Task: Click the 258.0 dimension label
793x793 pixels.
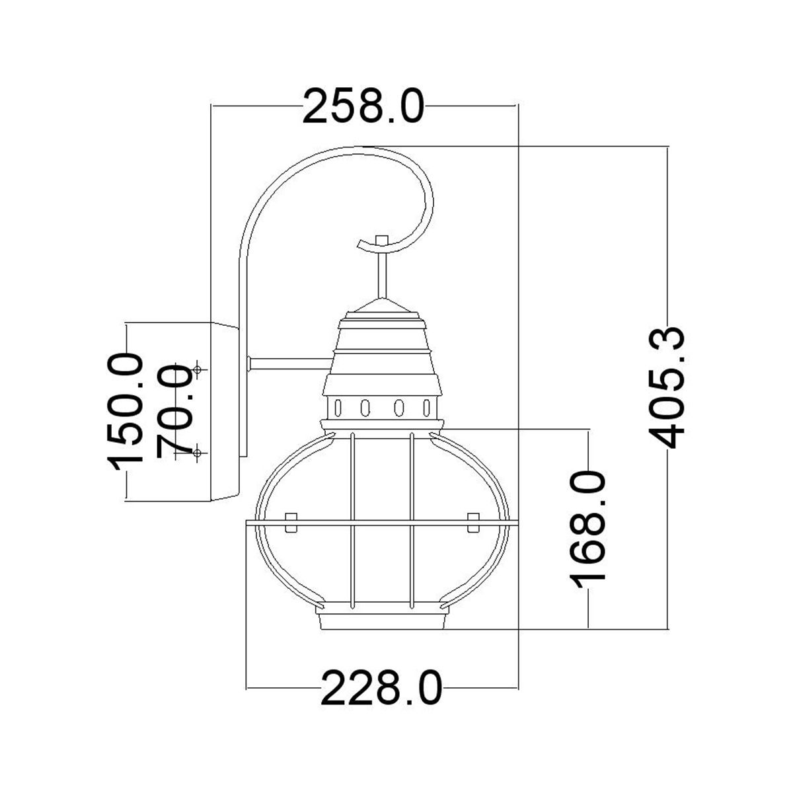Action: tap(362, 106)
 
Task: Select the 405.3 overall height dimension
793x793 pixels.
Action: tap(667, 387)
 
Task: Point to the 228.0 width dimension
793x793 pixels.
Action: tap(381, 688)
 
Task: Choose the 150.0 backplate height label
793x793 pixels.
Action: tap(128, 411)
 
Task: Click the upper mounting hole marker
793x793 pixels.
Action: tap(198, 369)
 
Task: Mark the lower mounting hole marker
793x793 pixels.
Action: tap(198, 453)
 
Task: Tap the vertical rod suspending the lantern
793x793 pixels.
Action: tap(381, 278)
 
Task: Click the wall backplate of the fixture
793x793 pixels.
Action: tap(225, 411)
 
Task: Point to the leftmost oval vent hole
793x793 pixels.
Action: tap(338, 407)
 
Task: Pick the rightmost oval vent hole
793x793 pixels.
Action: tap(428, 407)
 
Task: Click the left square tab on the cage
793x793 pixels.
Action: tap(289, 522)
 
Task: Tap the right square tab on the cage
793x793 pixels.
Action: tap(472, 522)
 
